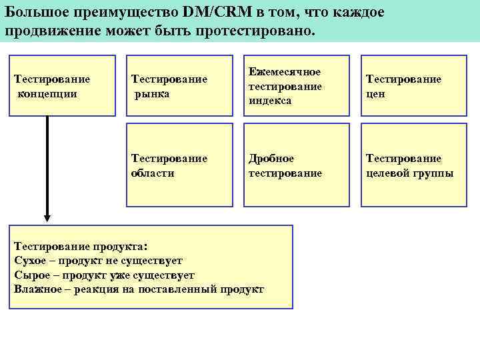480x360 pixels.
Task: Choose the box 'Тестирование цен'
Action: click(x=411, y=85)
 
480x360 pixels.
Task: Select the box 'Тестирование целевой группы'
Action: click(x=411, y=165)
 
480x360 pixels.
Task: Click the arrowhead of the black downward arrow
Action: click(x=47, y=217)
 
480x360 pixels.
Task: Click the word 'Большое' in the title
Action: click(x=35, y=13)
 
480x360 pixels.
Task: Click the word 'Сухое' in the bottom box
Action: click(x=29, y=261)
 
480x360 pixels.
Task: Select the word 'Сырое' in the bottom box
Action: click(x=29, y=275)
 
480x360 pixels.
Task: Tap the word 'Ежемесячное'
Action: click(x=285, y=72)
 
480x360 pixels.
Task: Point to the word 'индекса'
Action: click(x=270, y=100)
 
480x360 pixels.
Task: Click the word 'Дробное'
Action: click(x=271, y=159)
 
